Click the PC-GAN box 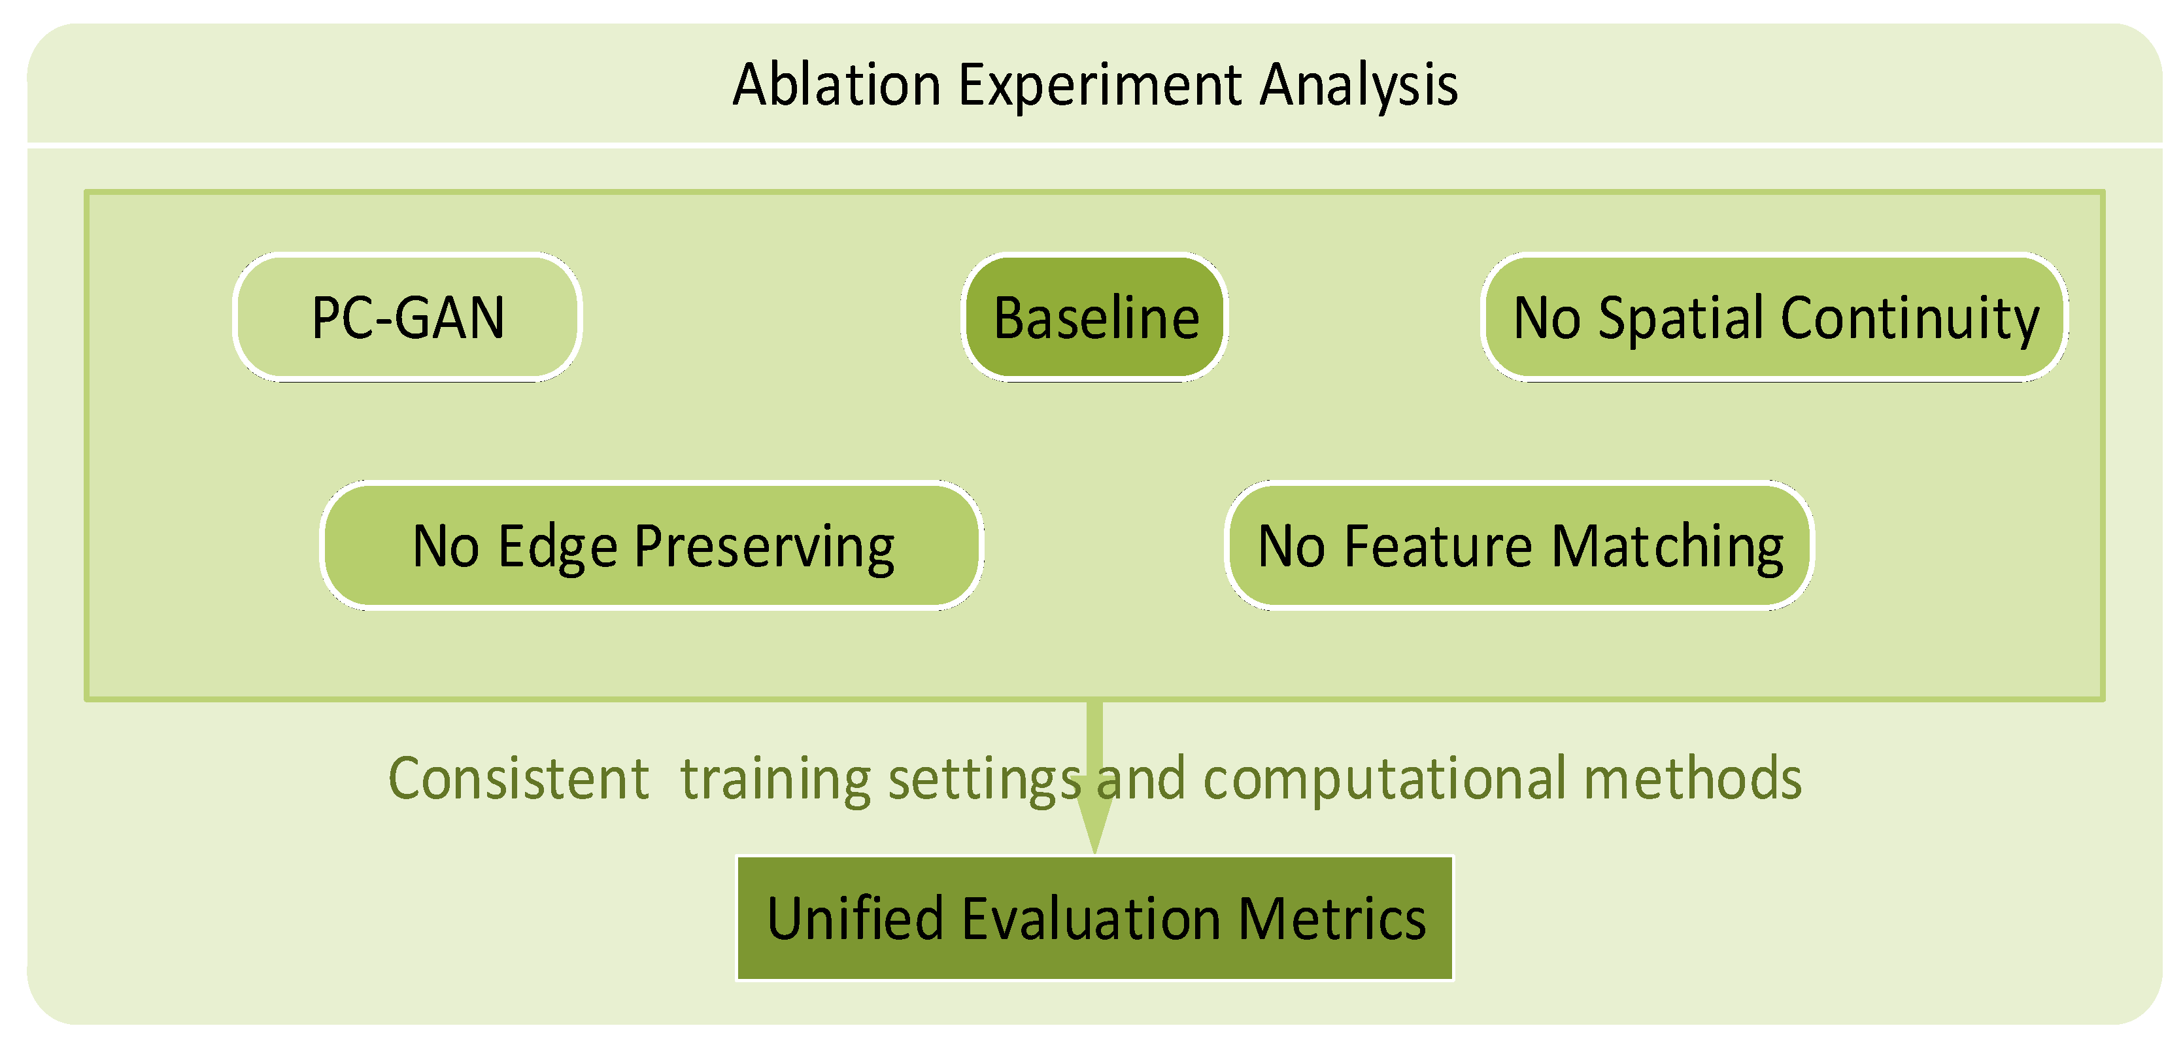click(407, 317)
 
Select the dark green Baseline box click(1095, 317)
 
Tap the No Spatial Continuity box click(1776, 317)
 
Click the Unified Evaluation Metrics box click(1095, 918)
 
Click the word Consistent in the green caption click(518, 778)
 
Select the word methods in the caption click(1693, 778)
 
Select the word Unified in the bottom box click(855, 919)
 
